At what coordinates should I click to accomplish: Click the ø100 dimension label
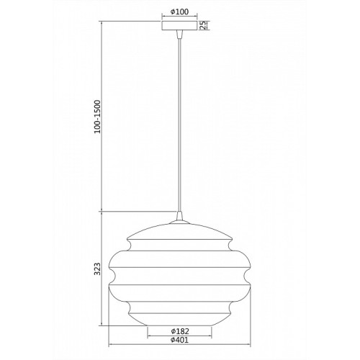pyautogui.click(x=180, y=12)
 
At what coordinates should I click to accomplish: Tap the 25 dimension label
pyautogui.click(x=203, y=25)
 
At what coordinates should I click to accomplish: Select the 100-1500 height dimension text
pyautogui.click(x=97, y=117)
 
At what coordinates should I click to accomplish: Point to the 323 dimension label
pyautogui.click(x=97, y=269)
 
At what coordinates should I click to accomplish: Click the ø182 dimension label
pyautogui.click(x=180, y=331)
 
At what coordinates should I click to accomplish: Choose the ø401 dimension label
pyautogui.click(x=180, y=340)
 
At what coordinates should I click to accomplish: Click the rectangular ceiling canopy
pyautogui.click(x=179, y=26)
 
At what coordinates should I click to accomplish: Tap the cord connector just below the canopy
pyautogui.click(x=179, y=35)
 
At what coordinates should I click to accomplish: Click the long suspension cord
pyautogui.click(x=179, y=125)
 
